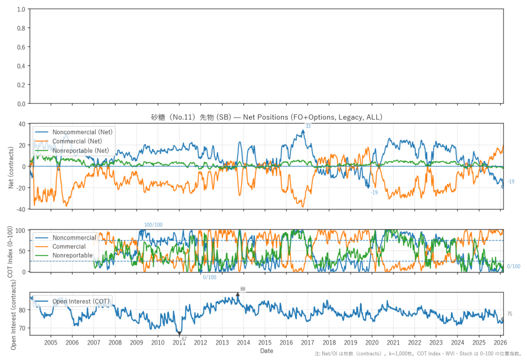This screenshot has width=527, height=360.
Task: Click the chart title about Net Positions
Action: tap(267, 117)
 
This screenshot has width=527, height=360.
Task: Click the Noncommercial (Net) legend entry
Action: tap(82, 132)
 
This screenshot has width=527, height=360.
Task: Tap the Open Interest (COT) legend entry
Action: tap(81, 302)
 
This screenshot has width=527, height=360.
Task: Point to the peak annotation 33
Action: tap(308, 126)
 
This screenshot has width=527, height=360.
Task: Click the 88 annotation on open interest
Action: tap(243, 289)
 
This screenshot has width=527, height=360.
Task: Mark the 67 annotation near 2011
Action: tap(184, 338)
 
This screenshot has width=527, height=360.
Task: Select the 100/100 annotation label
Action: tap(153, 225)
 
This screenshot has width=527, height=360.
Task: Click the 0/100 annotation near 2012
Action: tap(209, 277)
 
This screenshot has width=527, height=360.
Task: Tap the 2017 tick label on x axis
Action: tap(308, 342)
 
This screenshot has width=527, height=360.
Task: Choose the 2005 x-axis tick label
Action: tap(51, 342)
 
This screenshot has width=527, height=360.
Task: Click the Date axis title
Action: tap(267, 351)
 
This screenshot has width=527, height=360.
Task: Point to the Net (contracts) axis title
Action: tap(11, 166)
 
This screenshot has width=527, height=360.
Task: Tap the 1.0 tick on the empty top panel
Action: tap(21, 9)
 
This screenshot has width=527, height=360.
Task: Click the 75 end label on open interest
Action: tap(510, 314)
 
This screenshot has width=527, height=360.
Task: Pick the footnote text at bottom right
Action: tap(420, 354)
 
